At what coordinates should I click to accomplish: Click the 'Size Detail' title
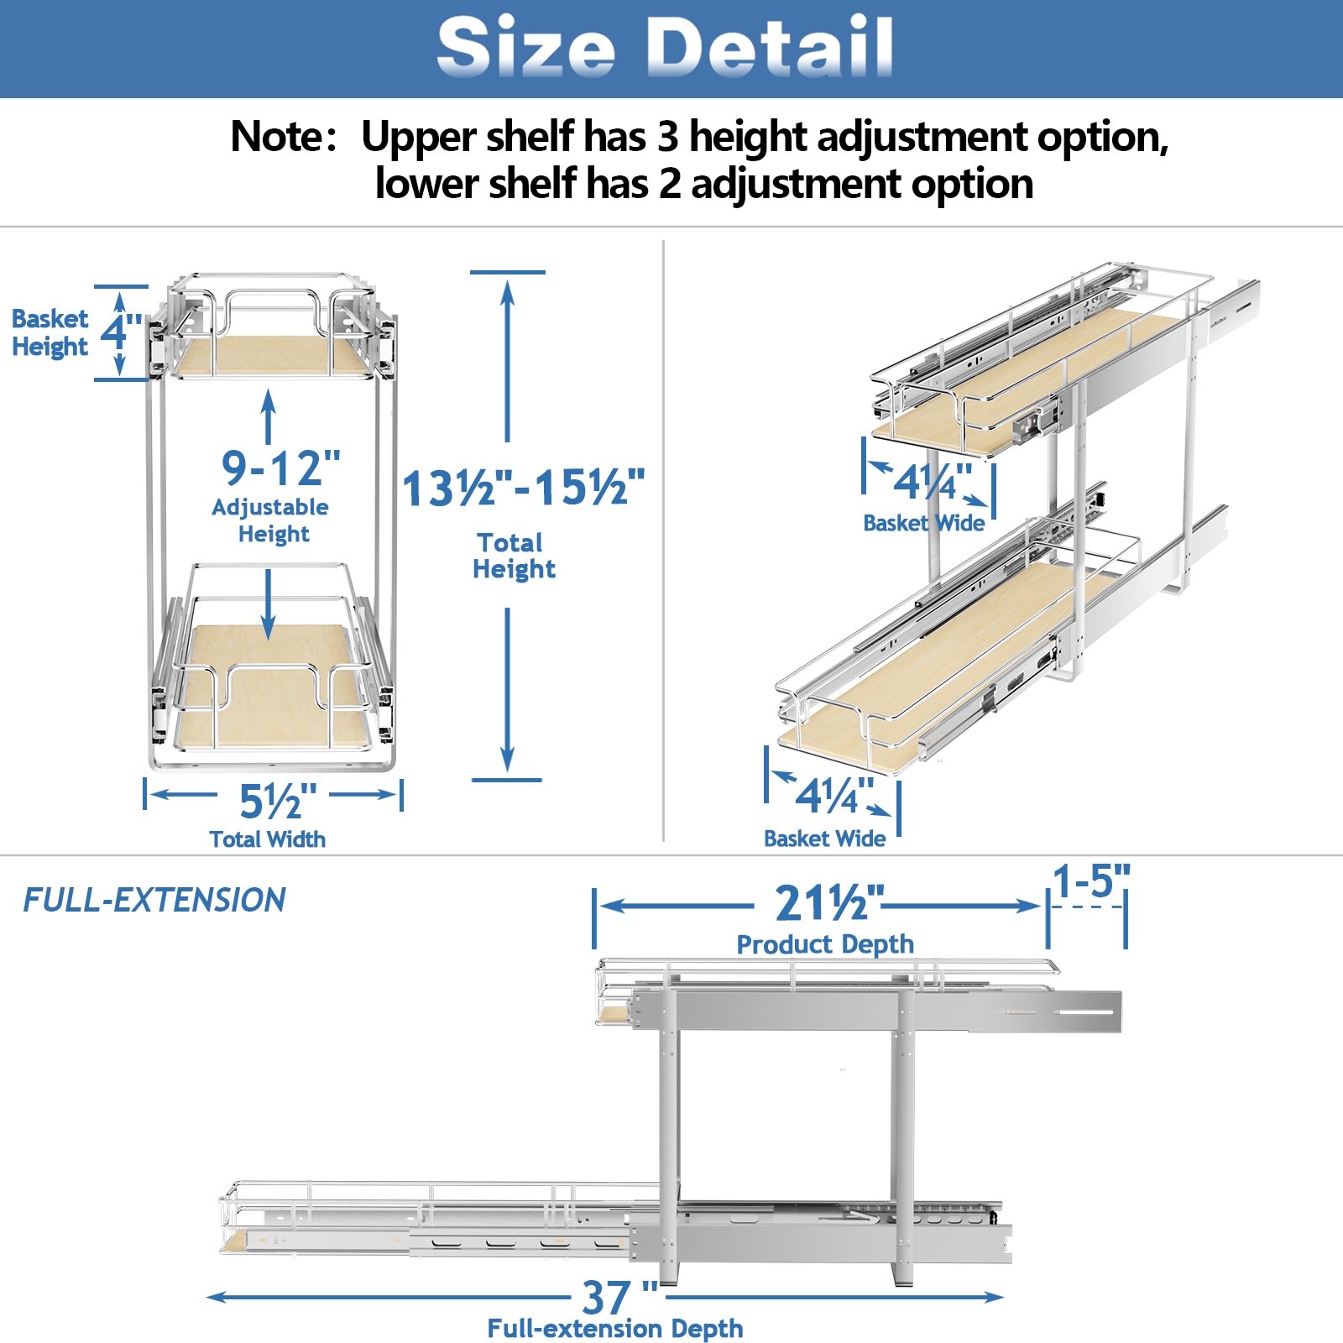(665, 47)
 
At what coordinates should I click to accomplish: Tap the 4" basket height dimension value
(120, 332)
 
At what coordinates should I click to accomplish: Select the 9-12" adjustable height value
(280, 468)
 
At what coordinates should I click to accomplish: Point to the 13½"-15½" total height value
(523, 488)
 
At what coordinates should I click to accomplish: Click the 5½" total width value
(277, 802)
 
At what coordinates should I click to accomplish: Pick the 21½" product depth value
(828, 904)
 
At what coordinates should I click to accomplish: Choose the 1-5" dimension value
(1091, 882)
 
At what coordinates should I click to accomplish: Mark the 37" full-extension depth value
(619, 1298)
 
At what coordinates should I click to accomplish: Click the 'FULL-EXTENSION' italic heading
(154, 901)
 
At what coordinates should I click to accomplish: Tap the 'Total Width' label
(268, 839)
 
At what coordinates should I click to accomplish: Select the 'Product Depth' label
(825, 944)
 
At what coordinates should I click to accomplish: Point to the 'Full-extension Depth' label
(615, 1329)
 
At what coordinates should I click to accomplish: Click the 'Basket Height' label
(50, 332)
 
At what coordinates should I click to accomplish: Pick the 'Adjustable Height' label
(270, 520)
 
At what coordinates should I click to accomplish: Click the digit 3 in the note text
(667, 137)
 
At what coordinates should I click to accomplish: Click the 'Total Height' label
(513, 556)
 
